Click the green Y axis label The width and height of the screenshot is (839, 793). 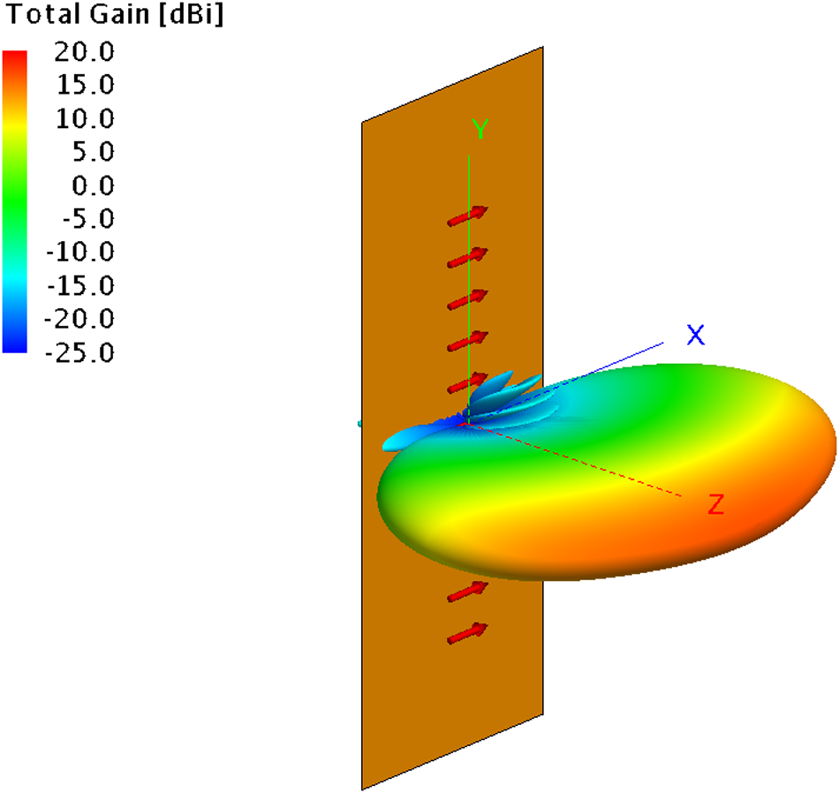click(480, 131)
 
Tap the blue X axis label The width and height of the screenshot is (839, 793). click(696, 335)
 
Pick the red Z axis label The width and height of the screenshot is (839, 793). click(716, 506)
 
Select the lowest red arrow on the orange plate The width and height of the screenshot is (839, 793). click(467, 633)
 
